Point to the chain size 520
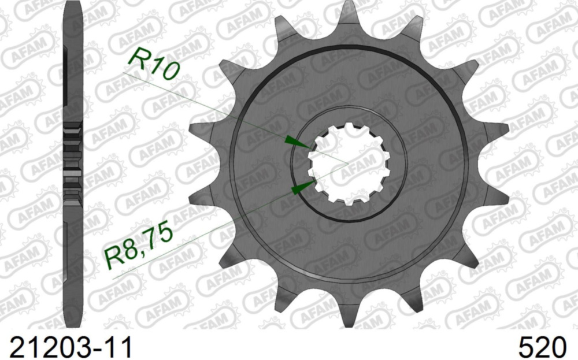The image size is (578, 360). (542, 347)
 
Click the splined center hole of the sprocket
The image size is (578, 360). (347, 164)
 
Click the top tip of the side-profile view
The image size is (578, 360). (72, 5)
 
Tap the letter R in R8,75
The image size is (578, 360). (113, 258)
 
